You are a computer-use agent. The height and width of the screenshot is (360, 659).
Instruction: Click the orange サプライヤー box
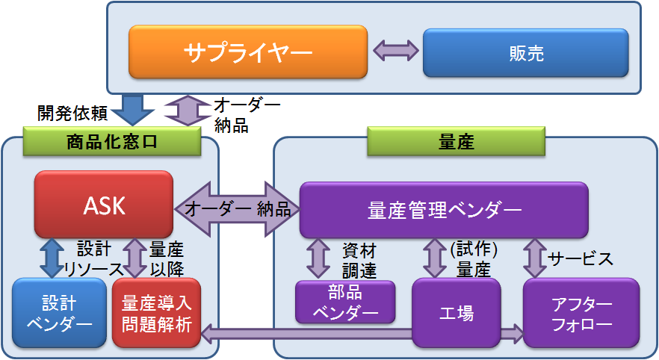click(x=248, y=52)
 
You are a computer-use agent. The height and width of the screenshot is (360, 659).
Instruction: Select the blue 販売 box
click(x=525, y=52)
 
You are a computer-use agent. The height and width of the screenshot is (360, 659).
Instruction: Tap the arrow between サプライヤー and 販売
click(x=395, y=51)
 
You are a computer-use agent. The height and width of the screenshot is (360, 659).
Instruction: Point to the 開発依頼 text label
click(x=73, y=113)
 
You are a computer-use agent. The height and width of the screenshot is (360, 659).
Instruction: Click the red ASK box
click(x=104, y=205)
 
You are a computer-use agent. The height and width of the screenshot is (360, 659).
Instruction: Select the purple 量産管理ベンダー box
click(x=444, y=210)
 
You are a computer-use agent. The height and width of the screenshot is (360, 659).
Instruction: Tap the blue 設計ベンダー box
click(x=59, y=313)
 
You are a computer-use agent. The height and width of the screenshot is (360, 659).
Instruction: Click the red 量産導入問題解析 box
click(x=157, y=313)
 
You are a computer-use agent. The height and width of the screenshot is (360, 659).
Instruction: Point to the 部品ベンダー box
click(x=344, y=302)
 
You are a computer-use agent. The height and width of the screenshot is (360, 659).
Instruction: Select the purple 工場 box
click(x=456, y=313)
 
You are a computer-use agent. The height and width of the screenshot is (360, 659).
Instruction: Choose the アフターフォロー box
click(x=581, y=313)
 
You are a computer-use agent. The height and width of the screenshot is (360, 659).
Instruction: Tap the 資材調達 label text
click(x=359, y=259)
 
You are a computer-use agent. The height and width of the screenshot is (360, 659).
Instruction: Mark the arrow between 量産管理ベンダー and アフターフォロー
click(x=533, y=258)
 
